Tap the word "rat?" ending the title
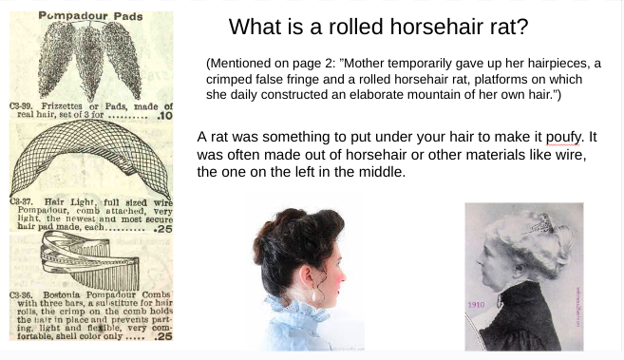503,27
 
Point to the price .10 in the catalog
163,116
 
